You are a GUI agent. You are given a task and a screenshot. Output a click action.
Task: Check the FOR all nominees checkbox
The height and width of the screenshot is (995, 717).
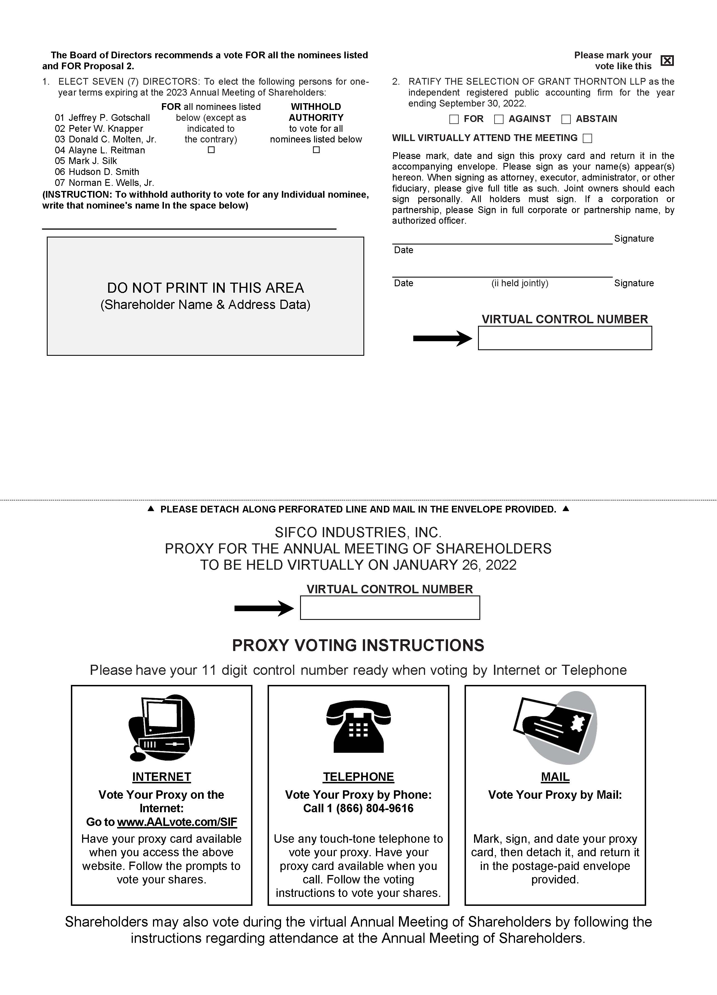(211, 150)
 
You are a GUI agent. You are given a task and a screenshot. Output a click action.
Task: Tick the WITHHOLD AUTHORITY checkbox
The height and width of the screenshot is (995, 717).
(316, 150)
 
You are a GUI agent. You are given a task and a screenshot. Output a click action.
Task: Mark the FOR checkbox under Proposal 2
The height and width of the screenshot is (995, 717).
(454, 119)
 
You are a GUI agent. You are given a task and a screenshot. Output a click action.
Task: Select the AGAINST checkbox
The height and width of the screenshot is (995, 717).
(499, 119)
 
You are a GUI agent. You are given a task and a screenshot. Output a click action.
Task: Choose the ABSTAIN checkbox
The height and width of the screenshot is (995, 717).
(566, 119)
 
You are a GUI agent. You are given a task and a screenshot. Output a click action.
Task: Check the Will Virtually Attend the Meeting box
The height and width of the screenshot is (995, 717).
(587, 138)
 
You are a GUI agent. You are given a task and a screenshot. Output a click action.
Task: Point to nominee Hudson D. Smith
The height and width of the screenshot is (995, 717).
(103, 172)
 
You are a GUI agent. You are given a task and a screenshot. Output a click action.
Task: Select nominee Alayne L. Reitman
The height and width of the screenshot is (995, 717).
(106, 150)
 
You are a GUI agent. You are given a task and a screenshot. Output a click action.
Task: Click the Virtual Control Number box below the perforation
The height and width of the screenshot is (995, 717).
(390, 608)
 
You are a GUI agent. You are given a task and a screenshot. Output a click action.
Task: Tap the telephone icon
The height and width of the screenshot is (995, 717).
(358, 726)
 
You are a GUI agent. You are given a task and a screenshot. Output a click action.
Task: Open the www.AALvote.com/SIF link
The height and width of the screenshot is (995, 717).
(177, 822)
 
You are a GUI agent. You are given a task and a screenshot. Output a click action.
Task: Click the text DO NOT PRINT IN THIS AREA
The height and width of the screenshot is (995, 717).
(205, 288)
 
